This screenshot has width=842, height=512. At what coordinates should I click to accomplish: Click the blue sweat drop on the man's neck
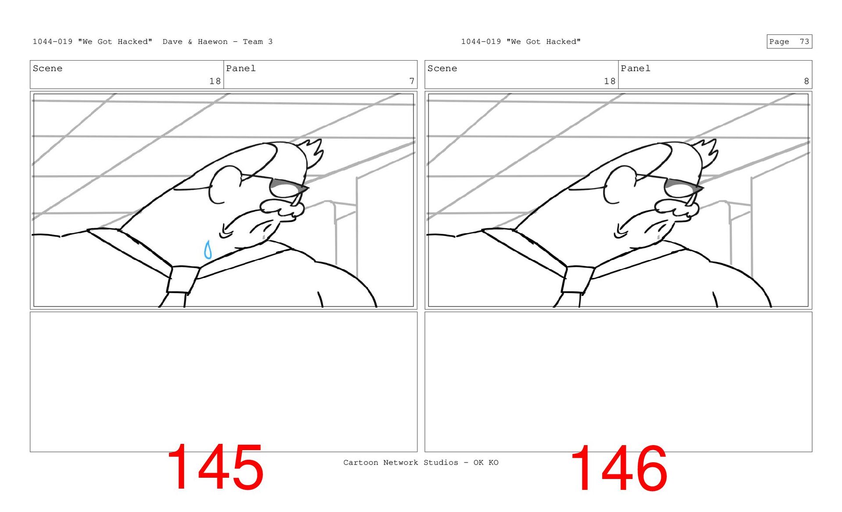(208, 250)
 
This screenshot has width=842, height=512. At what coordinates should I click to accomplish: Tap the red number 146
(619, 468)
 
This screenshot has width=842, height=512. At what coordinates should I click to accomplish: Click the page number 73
(804, 42)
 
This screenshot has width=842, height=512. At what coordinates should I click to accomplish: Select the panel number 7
(412, 81)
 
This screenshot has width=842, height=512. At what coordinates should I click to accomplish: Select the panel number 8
(806, 81)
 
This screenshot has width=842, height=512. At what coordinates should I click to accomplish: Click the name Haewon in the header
(213, 42)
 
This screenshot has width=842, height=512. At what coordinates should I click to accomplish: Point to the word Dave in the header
(172, 42)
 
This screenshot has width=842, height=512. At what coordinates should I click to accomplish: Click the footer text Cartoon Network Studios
(400, 462)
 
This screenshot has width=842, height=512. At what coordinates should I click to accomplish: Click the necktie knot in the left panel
(183, 279)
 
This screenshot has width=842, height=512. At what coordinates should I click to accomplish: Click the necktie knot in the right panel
(578, 279)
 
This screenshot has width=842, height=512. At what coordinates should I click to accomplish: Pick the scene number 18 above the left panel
(215, 81)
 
